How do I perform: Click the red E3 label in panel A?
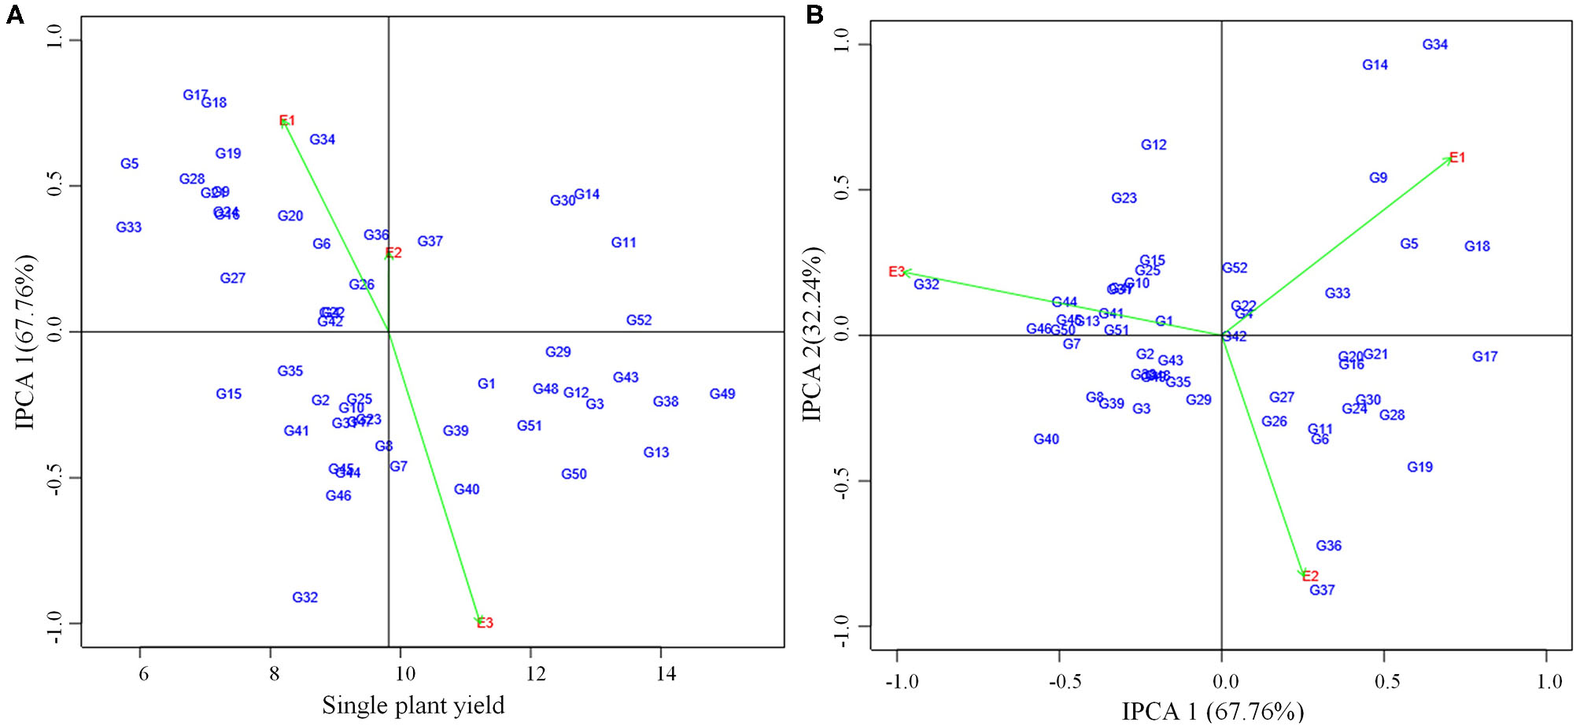(x=485, y=623)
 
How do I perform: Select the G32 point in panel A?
(x=305, y=598)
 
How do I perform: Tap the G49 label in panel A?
(x=722, y=394)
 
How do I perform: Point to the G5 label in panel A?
(x=129, y=164)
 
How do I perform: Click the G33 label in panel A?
(x=128, y=228)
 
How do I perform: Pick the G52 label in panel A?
(x=638, y=320)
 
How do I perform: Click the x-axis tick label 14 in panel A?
(x=665, y=674)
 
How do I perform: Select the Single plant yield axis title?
(x=413, y=706)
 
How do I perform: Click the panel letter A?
(x=14, y=14)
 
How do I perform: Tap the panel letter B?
(x=814, y=14)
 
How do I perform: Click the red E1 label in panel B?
(x=1457, y=157)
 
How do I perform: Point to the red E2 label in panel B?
(x=1310, y=576)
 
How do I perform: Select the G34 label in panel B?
(x=1434, y=45)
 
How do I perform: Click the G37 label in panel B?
(x=1322, y=590)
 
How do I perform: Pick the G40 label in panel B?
(x=1046, y=439)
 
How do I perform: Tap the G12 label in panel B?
(x=1154, y=145)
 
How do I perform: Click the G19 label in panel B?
(x=1419, y=467)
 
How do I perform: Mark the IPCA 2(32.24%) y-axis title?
(x=813, y=334)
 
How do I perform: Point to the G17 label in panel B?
(x=1485, y=357)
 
